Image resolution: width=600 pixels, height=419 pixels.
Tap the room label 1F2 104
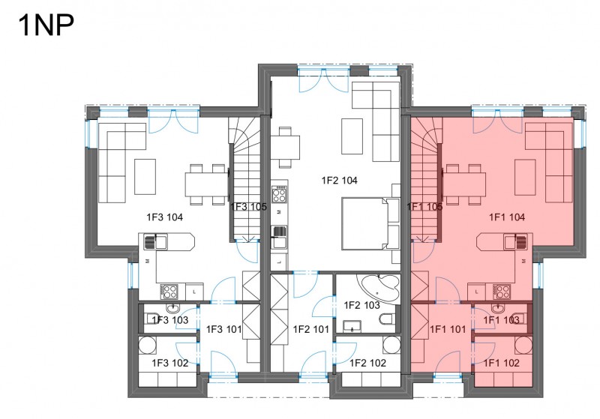click(340, 180)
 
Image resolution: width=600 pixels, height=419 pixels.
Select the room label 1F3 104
click(164, 217)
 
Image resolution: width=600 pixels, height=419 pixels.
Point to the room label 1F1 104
click(507, 217)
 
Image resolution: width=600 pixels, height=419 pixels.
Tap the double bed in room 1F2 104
click(370, 223)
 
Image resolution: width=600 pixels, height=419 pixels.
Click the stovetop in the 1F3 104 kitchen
click(169, 292)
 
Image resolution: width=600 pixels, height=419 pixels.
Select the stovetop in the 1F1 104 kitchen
click(502, 292)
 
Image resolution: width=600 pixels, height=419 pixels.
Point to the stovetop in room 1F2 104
click(279, 194)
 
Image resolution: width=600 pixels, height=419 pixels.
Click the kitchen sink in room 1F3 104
click(155, 242)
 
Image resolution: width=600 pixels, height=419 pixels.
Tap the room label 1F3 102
click(170, 363)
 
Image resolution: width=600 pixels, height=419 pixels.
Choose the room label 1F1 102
click(502, 363)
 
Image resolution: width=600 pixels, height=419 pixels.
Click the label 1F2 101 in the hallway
click(311, 329)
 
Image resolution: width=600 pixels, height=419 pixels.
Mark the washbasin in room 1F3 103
click(172, 308)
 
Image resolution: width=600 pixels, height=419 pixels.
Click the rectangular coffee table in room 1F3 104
click(145, 177)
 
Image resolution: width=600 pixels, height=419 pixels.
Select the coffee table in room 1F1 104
click(525, 177)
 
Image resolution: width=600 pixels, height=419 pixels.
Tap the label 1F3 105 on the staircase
click(249, 207)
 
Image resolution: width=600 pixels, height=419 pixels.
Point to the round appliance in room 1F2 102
click(391, 345)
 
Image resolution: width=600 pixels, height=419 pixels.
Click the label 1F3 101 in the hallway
click(223, 329)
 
